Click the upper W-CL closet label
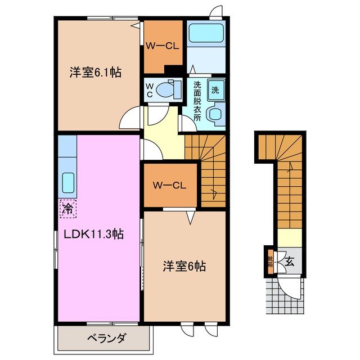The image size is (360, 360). (163, 47)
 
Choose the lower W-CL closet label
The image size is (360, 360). (170, 184)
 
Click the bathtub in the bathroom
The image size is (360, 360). (206, 34)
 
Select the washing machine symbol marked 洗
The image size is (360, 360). (215, 88)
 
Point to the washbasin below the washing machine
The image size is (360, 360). (215, 114)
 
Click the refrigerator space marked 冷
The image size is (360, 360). (66, 209)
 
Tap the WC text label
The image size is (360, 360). (149, 90)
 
